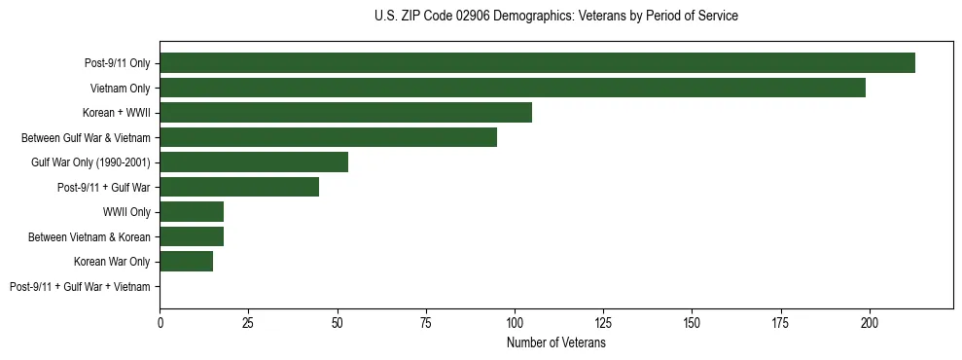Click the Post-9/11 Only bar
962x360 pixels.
point(537,63)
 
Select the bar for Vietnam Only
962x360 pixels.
point(513,88)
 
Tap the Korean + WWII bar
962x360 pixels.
point(345,112)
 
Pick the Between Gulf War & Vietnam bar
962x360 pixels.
point(328,137)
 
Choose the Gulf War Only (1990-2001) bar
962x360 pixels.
point(254,162)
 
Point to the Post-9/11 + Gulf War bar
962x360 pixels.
point(239,187)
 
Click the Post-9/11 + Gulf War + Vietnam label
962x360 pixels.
point(80,286)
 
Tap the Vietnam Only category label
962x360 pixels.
point(120,88)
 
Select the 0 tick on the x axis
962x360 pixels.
point(160,322)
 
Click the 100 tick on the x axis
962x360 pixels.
point(515,322)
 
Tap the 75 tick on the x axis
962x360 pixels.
point(426,322)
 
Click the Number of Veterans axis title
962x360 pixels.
point(555,343)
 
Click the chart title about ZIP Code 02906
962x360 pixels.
point(555,17)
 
